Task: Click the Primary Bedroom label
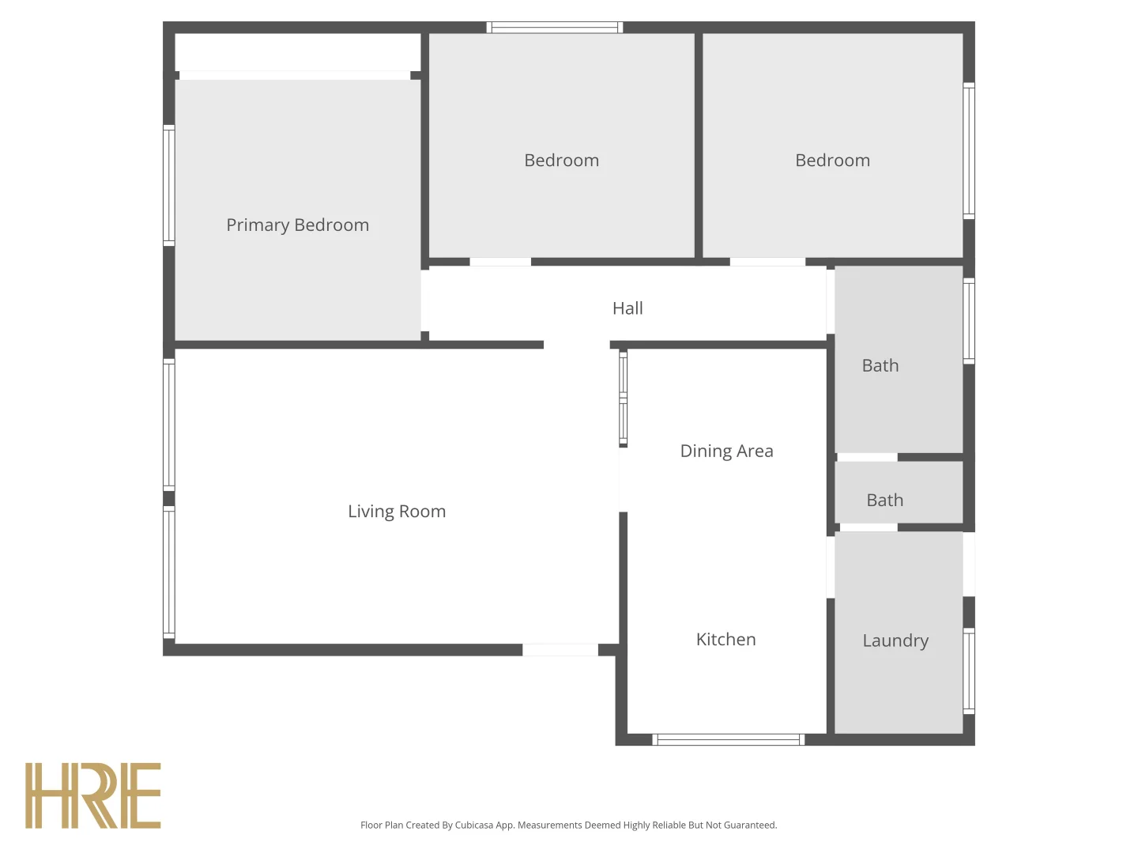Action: click(297, 225)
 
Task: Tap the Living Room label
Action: click(397, 512)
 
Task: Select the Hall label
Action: click(627, 308)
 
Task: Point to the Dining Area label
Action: click(726, 451)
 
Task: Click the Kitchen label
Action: click(725, 640)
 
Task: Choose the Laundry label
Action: click(895, 640)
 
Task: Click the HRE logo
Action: click(93, 795)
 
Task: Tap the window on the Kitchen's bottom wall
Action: click(728, 740)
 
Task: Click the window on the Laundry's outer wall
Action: click(969, 671)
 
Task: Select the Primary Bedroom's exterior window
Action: click(168, 185)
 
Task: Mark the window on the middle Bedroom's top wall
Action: click(555, 28)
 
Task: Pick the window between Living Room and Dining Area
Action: click(623, 399)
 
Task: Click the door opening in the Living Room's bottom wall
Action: click(560, 650)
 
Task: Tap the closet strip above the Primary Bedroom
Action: click(297, 52)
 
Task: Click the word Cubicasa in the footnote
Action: click(473, 825)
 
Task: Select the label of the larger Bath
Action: click(880, 365)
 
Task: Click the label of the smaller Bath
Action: click(884, 501)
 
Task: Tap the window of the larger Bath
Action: click(969, 321)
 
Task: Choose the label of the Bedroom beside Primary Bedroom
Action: click(561, 161)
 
